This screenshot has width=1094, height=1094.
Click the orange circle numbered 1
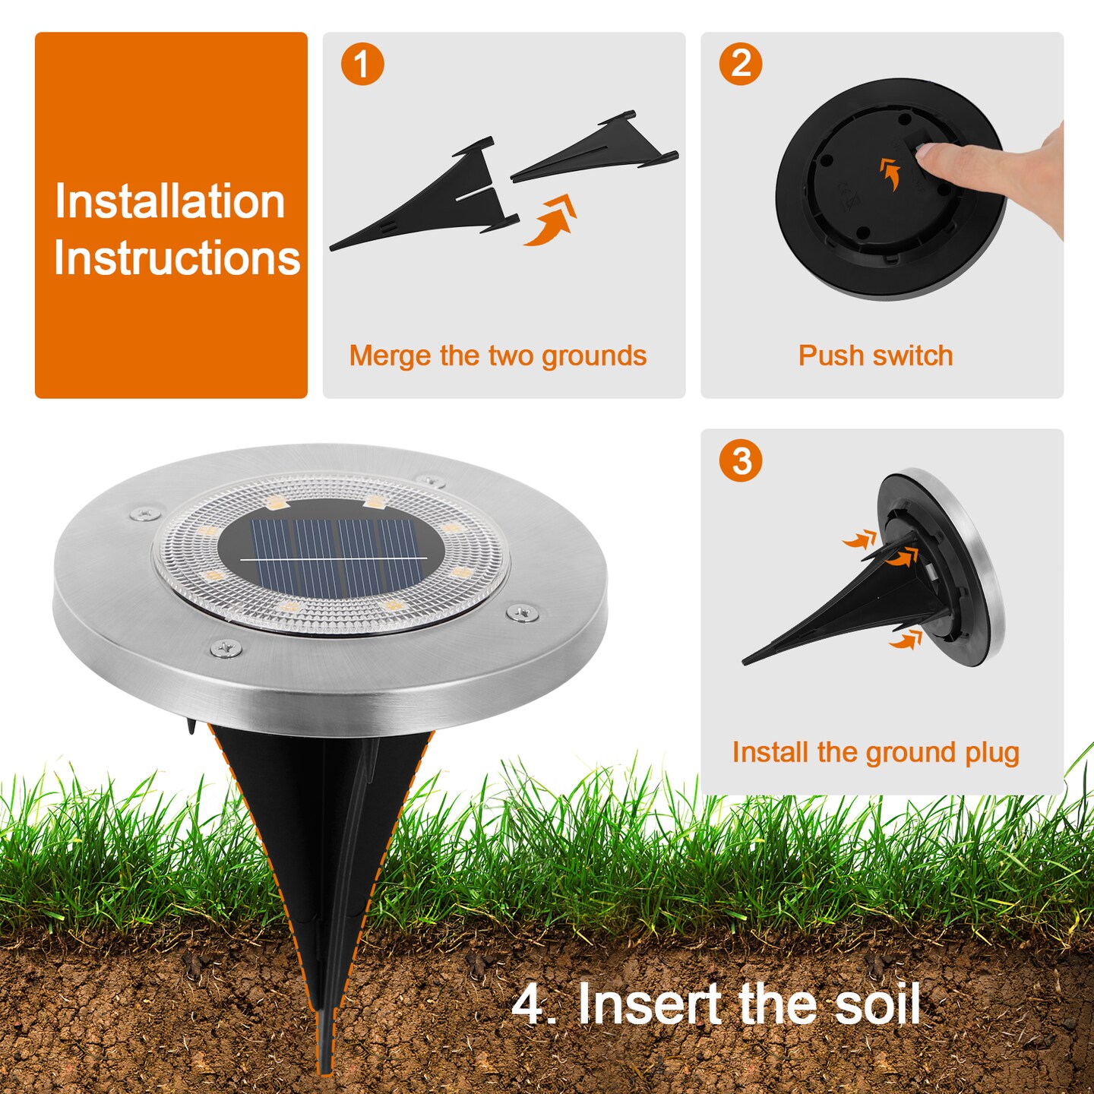point(362,64)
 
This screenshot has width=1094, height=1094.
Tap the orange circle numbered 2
point(740,64)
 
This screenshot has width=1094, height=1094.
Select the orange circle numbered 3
point(740,460)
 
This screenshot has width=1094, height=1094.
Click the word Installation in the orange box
point(169,201)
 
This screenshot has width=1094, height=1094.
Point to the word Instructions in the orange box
point(176,258)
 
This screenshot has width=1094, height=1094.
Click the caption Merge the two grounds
point(498,356)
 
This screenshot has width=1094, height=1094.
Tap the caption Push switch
point(875,356)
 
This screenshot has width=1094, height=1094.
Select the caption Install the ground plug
point(875,753)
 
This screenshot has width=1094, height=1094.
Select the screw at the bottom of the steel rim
point(226,647)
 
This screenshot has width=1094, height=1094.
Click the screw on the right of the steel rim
point(523,613)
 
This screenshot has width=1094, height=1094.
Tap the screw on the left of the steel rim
point(145,514)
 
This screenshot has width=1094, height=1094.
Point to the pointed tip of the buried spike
point(324,1073)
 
